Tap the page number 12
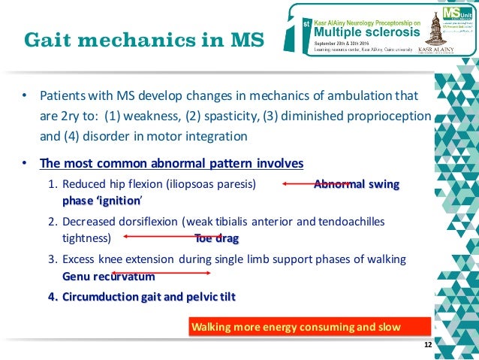[x=428, y=345]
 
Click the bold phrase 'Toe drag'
[x=216, y=239]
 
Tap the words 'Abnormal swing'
[x=356, y=184]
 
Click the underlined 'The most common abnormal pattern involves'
[x=171, y=163]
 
